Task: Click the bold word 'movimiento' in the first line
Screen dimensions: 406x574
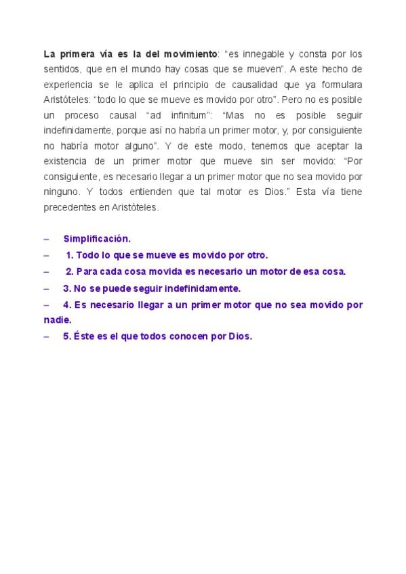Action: (x=190, y=53)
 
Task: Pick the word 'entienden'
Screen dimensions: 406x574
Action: (x=138, y=192)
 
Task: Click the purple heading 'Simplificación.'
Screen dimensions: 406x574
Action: (x=97, y=239)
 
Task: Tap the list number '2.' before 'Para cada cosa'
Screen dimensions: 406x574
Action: (x=69, y=271)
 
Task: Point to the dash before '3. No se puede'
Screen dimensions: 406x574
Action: (x=46, y=288)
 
